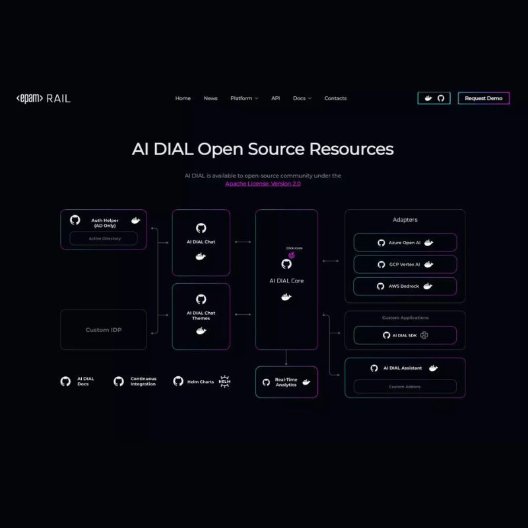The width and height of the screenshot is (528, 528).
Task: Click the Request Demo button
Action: (x=483, y=98)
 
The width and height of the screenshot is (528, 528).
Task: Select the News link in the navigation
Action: (x=211, y=98)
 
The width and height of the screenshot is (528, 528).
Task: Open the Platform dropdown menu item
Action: (x=244, y=98)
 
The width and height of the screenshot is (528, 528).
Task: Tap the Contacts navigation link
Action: (x=335, y=98)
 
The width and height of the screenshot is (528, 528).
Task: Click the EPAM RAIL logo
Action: (x=44, y=98)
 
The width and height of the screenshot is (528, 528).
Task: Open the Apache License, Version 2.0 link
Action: (x=263, y=183)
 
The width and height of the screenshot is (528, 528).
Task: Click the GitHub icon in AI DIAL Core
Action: (x=286, y=264)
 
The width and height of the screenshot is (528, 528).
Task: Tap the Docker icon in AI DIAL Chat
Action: (x=201, y=256)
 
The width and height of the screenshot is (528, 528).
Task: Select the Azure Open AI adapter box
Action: (x=405, y=242)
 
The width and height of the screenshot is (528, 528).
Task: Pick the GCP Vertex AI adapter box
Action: (x=405, y=264)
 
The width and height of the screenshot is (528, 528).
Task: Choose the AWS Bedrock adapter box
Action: (x=405, y=286)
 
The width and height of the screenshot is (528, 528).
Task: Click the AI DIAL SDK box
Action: (x=405, y=335)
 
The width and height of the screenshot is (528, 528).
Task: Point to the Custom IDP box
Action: (x=104, y=329)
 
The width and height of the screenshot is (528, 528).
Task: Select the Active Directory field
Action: (x=104, y=238)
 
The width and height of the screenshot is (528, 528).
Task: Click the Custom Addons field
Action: (x=405, y=387)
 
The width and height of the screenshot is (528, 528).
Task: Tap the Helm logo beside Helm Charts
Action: (x=224, y=381)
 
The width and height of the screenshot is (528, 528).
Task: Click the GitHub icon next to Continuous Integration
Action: (x=119, y=381)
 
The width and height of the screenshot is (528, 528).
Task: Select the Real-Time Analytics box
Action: (x=286, y=382)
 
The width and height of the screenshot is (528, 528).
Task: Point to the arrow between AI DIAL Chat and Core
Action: (x=243, y=242)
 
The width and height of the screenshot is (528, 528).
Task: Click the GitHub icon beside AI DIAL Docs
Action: (x=65, y=381)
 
